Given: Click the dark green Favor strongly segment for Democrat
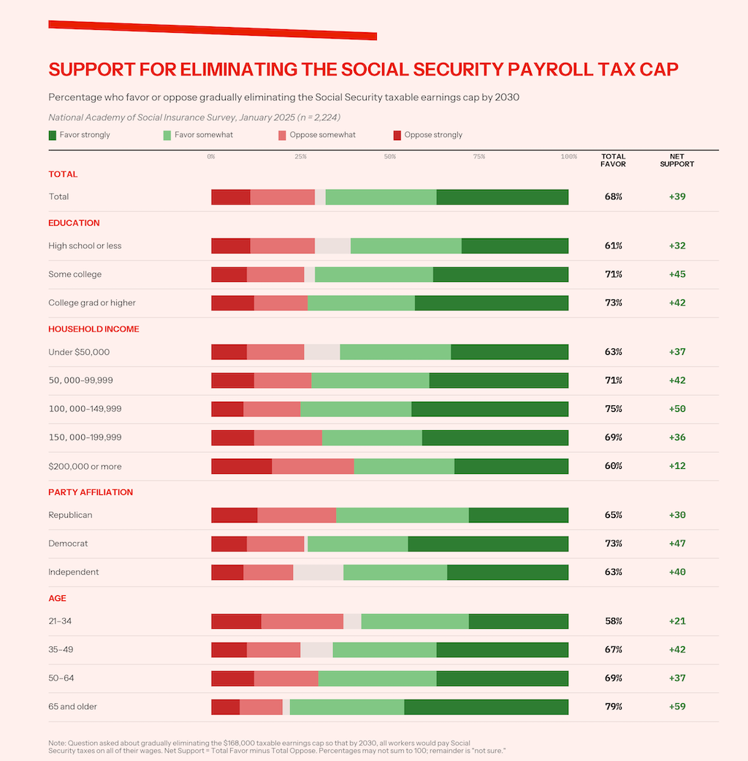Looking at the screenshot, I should pos(488,543).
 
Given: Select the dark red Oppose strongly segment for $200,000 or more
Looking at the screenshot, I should pos(242,466).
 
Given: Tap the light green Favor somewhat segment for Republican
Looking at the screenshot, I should pos(402,515).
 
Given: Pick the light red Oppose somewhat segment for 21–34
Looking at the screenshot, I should pos(302,621).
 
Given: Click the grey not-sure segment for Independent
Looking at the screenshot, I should pos(318,572).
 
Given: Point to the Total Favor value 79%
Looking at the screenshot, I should pos(614,706).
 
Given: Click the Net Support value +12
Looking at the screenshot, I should pos(677,466).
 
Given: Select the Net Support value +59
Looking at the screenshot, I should pos(677,706).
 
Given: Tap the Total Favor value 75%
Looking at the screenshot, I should pos(614,409).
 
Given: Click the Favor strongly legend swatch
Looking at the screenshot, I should pos(53,135).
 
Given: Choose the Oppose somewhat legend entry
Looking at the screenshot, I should pos(317,135).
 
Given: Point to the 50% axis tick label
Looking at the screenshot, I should pos(389,157).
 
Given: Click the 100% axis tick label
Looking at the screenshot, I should pos(568,157).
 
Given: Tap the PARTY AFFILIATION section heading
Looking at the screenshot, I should pos(91,492).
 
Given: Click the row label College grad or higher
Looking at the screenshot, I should pos(92,303).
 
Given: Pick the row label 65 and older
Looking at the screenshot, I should pos(72,706).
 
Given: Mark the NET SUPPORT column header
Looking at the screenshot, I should pos(677,160).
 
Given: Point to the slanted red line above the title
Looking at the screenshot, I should pos(213,30).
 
